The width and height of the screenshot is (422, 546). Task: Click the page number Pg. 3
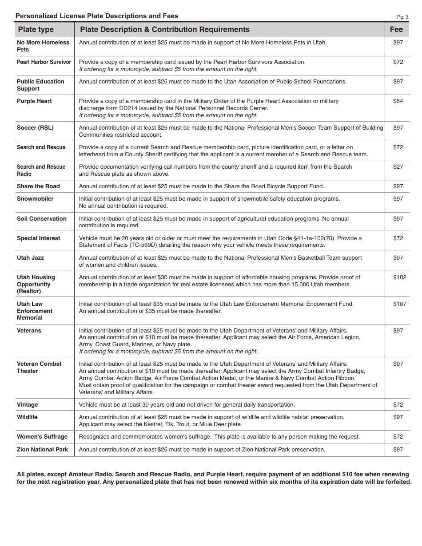[402, 17]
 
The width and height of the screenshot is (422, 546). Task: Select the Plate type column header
[36, 30]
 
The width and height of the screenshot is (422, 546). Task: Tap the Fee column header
[396, 30]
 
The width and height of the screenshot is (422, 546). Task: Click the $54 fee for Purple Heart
[398, 101]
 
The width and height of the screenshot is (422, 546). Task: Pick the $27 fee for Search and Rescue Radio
[398, 167]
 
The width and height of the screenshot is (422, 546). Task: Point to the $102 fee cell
[399, 277]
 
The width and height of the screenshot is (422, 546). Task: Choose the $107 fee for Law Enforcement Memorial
[399, 304]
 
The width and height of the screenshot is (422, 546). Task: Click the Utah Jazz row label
[30, 258]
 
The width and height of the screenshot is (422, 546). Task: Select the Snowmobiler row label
[35, 199]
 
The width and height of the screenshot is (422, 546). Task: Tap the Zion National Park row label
[43, 450]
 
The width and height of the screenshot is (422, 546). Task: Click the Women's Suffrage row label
[42, 437]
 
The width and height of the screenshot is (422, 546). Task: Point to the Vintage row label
[28, 405]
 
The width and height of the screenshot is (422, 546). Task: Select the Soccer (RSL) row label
[35, 128]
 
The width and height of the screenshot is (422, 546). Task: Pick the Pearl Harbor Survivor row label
[44, 62]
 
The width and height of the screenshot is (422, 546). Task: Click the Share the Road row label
[38, 186]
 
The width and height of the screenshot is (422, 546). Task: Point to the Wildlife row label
[28, 417]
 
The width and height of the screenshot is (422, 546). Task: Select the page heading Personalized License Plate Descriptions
[97, 16]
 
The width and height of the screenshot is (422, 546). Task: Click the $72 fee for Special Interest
[398, 238]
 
